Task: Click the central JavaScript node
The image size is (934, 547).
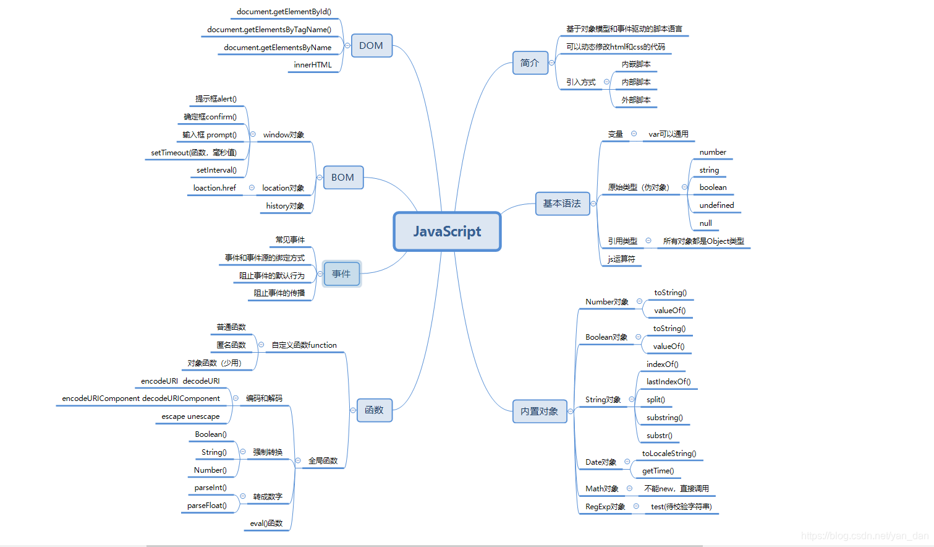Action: [447, 231]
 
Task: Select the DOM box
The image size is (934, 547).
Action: [371, 46]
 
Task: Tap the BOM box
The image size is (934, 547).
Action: [342, 178]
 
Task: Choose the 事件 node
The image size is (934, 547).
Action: [341, 273]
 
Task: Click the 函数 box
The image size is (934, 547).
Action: [374, 410]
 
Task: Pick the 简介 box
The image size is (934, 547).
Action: [530, 63]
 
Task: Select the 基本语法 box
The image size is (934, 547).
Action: [562, 204]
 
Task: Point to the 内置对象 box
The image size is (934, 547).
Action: [539, 411]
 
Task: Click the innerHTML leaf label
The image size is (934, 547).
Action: [313, 65]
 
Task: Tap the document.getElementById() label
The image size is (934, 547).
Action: [284, 12]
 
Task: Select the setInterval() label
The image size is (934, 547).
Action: [216, 170]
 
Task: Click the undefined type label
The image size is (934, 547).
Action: [716, 205]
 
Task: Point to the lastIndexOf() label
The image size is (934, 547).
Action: [668, 382]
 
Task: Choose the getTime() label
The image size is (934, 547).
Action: [658, 471]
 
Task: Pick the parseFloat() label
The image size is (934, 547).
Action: [206, 506]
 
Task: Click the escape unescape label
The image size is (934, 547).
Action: [190, 416]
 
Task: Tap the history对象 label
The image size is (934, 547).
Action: [285, 206]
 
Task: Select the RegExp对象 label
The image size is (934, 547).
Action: [605, 507]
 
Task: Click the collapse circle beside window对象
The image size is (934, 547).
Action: [253, 134]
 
